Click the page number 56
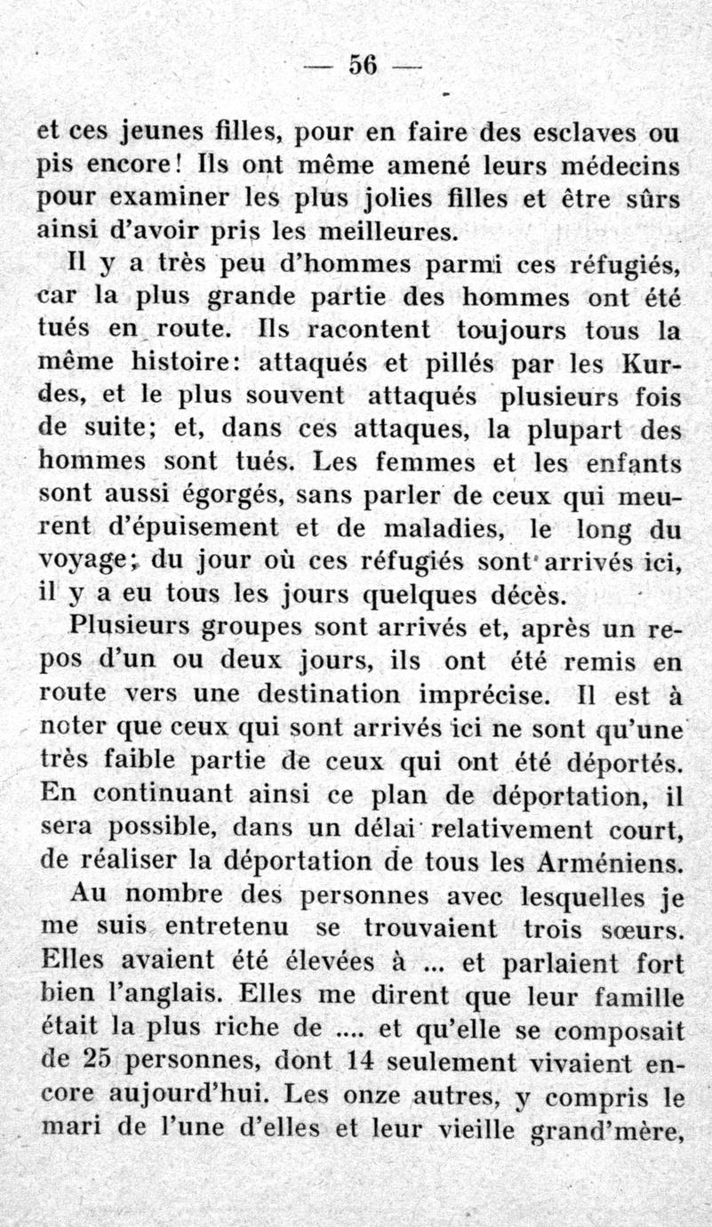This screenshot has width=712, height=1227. click(364, 66)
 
